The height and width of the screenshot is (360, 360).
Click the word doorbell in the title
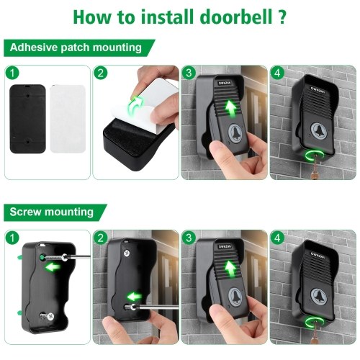[236, 17]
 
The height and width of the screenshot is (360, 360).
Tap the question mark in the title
[282, 17]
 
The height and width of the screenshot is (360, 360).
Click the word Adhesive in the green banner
[34, 48]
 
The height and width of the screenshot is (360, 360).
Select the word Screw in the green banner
[25, 212]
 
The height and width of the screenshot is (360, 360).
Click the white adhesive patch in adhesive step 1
[68, 119]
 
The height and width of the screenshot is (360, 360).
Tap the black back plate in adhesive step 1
[27, 119]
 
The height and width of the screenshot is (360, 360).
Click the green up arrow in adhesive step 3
[231, 109]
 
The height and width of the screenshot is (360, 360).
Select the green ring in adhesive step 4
[314, 155]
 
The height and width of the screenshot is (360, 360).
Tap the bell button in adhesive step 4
[320, 130]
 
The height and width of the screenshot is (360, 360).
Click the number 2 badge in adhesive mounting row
[101, 73]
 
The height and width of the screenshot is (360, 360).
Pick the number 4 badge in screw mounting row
[277, 238]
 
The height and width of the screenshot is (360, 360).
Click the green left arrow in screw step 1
[53, 267]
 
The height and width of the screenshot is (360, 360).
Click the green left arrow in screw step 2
[135, 297]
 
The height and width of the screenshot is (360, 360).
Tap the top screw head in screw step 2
[126, 253]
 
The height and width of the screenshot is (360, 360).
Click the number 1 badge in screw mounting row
[12, 238]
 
